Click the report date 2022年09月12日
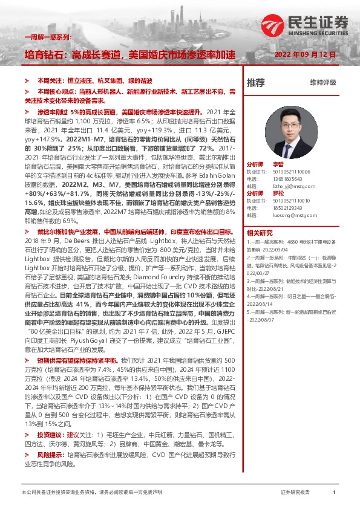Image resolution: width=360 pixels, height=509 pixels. (303, 54)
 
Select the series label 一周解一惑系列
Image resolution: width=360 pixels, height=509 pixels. (48, 37)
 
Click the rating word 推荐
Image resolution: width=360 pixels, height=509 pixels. (255, 82)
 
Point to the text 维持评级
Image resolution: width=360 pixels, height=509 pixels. (323, 82)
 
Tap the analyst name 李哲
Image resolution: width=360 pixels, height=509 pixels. (278, 164)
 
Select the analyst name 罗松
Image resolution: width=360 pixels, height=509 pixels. (278, 193)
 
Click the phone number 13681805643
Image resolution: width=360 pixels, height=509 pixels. (288, 179)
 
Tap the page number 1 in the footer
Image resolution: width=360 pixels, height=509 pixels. (334, 493)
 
